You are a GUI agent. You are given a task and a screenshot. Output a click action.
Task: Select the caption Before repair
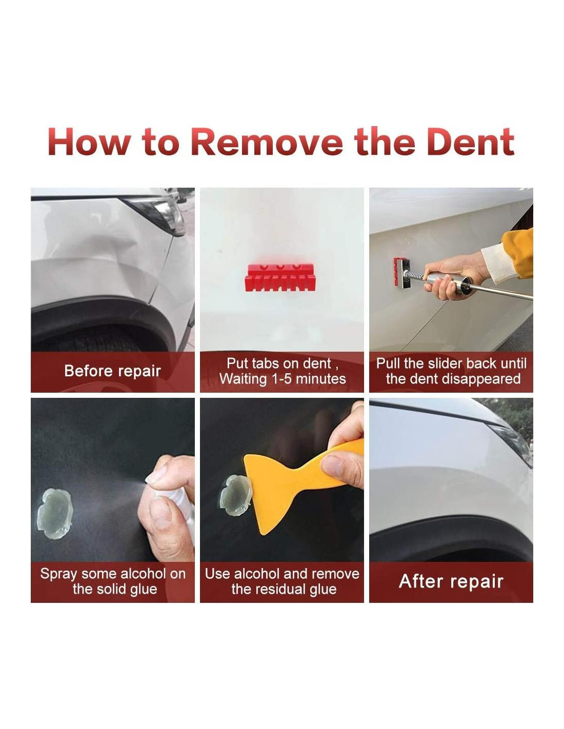112,371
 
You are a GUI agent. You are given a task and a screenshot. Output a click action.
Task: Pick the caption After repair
451,581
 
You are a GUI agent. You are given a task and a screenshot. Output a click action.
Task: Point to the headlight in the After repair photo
512,440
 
